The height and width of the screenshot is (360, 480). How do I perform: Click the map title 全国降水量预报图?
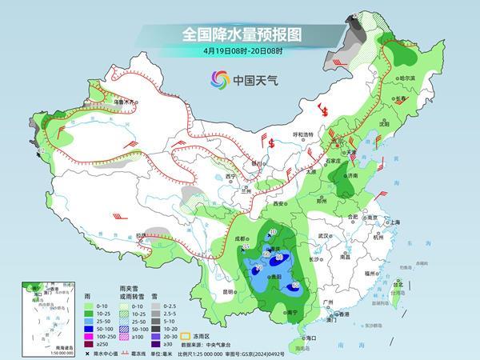[x=240, y=34]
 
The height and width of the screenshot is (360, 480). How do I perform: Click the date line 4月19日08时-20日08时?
[x=240, y=51]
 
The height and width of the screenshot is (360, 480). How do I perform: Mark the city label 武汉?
[x=323, y=237]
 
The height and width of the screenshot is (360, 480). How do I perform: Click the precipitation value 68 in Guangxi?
[x=295, y=286]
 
